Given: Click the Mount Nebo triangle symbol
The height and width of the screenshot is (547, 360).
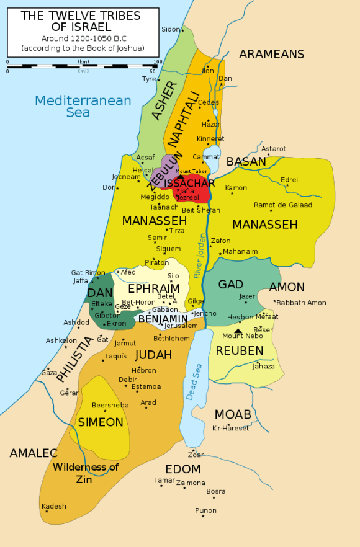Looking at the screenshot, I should [238, 331].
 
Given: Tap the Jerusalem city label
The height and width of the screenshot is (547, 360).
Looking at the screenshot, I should [181, 326].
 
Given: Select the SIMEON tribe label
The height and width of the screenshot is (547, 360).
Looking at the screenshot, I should [101, 422].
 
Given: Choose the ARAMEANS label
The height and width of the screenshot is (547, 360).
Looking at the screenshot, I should [271, 54].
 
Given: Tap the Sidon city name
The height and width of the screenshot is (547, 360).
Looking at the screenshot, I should [170, 29].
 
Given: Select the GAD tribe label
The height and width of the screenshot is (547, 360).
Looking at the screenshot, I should [230, 285].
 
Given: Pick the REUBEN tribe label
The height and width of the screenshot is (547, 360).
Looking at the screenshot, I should [240, 351].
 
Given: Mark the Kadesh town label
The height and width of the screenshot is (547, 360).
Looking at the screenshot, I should [53, 506].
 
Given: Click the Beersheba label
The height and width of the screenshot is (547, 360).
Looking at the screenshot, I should [110, 405].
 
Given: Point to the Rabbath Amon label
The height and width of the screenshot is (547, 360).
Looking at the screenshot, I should [301, 303].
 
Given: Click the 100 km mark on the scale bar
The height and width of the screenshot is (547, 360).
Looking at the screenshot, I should [158, 63].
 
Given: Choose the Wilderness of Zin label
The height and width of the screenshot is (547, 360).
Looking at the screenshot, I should [85, 473].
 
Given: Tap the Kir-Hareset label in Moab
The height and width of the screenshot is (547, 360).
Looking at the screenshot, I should [230, 428].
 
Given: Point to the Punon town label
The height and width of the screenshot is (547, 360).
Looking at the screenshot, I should [205, 510].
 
